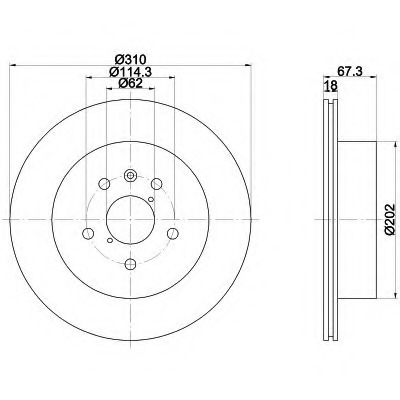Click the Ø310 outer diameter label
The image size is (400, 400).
[130, 60]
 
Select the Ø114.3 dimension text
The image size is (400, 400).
[130, 71]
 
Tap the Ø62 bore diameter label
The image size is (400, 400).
[130, 83]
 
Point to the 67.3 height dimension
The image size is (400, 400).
[350, 71]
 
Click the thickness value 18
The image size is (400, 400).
[331, 86]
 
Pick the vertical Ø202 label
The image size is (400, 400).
[389, 220]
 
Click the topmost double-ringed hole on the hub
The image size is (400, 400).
[130, 175]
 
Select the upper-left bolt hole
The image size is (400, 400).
[104, 183]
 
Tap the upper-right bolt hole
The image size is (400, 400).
[156, 183]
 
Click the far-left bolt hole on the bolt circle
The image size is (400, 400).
[88, 233]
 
